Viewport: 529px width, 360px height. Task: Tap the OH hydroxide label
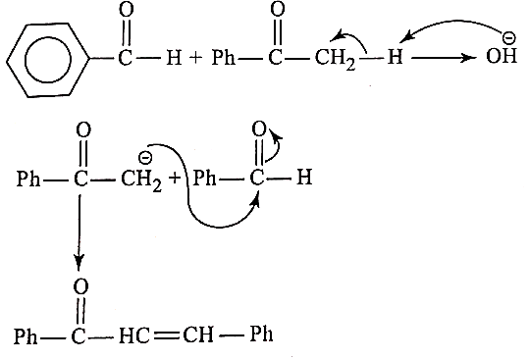502,56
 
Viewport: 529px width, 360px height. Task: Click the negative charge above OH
508,38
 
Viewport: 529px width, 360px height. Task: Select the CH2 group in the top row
335,59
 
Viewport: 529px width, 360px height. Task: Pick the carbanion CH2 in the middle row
141,180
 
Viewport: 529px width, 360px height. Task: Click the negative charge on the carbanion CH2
145,157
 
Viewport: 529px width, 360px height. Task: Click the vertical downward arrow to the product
79,231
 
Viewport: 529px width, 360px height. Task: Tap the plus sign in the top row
195,57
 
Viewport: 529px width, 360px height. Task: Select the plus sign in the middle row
175,178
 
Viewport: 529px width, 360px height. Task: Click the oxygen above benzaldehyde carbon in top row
127,10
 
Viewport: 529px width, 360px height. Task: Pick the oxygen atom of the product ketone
80,286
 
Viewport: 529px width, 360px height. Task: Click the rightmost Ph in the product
261,334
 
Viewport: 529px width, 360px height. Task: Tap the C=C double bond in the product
166,335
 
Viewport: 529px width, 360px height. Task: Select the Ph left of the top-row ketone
224,57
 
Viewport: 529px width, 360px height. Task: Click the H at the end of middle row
304,177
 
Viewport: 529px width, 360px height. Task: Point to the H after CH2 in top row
396,56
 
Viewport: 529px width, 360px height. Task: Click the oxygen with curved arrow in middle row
259,129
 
